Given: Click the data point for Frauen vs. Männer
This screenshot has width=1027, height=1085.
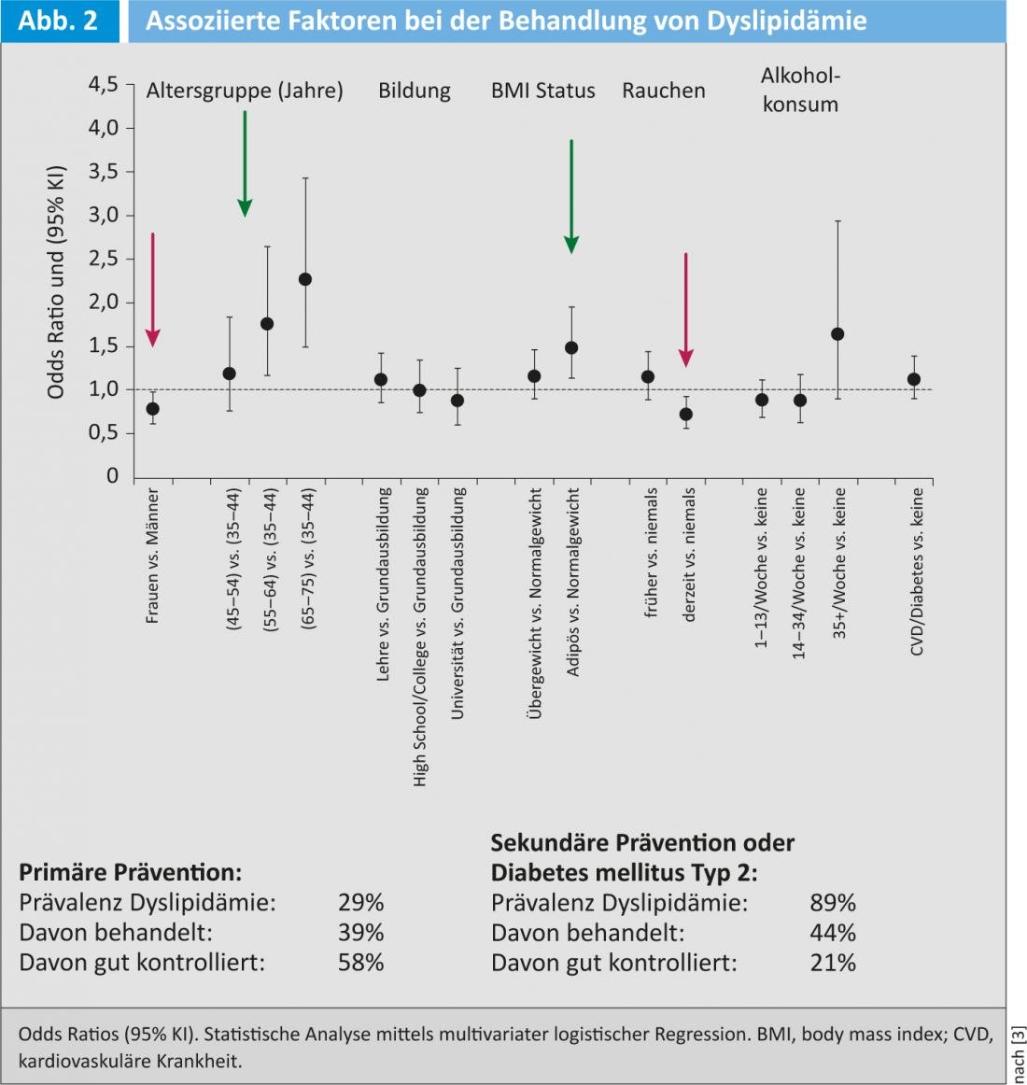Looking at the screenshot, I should [152, 409].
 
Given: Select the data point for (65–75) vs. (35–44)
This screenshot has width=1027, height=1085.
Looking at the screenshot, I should [304, 279].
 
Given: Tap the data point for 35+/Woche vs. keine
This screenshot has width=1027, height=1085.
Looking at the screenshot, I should [837, 334].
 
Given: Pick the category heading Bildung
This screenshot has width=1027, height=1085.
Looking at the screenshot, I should [415, 91].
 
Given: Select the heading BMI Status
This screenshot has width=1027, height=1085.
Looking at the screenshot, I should [543, 91].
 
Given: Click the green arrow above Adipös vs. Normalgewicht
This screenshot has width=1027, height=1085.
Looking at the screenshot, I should [571, 196].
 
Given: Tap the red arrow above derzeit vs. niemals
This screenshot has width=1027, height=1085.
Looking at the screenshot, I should [686, 308].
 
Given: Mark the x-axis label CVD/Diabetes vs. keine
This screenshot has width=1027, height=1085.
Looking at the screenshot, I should [917, 571].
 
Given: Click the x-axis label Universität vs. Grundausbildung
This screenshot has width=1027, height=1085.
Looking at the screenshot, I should [457, 603].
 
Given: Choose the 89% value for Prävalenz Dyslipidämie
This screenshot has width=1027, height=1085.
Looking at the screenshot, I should [833, 903].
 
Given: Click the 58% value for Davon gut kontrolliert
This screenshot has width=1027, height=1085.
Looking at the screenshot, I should [360, 963].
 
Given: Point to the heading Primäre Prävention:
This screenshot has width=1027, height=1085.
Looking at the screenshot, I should [130, 873].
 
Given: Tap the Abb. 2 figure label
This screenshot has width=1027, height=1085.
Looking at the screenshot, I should [58, 21].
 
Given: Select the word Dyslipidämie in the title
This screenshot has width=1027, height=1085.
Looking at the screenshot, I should [786, 21].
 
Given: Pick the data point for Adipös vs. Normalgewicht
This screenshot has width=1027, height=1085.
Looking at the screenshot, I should [571, 348].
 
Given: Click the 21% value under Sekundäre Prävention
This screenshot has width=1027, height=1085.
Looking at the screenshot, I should [833, 963].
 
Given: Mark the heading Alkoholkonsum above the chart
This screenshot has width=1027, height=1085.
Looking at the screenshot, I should [800, 90].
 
